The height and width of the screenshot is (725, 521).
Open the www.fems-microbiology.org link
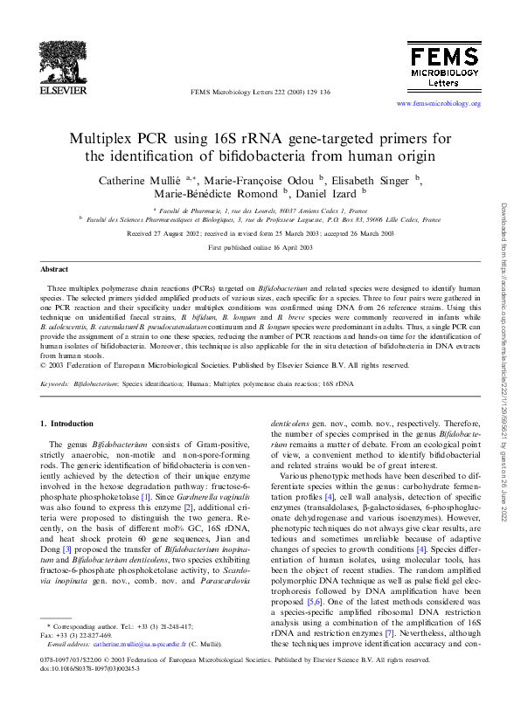tap(439, 104)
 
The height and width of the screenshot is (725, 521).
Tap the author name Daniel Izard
tap(328, 193)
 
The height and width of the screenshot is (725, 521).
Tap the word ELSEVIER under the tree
tap(65, 90)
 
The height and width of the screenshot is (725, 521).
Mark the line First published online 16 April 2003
tap(260, 248)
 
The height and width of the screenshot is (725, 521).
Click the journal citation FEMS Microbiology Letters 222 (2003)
tap(260, 92)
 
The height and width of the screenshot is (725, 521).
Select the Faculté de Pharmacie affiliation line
tap(260, 211)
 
